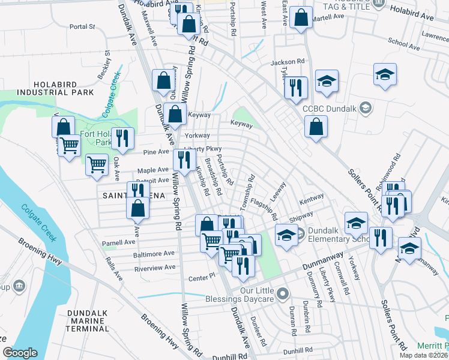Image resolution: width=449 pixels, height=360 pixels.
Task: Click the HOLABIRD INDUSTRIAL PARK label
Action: (55, 88)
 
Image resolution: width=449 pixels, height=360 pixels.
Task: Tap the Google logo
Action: (20, 353)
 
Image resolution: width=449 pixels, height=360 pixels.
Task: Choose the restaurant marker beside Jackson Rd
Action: (296, 88)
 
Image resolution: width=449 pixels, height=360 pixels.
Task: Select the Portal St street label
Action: (82, 26)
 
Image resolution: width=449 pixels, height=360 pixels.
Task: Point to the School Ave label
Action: (403, 43)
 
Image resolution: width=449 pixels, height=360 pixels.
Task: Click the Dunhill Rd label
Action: (298, 350)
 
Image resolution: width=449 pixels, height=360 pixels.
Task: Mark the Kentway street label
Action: (312, 197)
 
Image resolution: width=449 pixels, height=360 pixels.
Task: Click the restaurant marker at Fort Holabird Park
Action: (123, 138)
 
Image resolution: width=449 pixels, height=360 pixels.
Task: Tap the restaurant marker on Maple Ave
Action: (184, 159)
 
